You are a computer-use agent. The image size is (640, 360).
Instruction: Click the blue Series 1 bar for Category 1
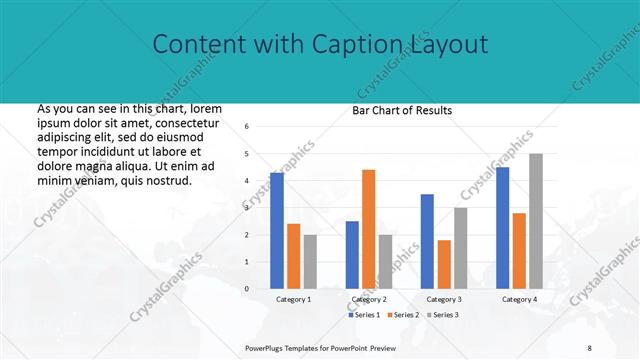coord(277,231)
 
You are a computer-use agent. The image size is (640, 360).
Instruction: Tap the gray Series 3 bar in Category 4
coord(536,221)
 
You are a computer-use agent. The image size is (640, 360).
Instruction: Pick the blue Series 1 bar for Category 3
coord(427,241)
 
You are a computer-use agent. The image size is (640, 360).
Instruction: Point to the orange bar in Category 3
coord(443,264)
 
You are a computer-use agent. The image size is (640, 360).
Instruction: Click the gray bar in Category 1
coord(310,262)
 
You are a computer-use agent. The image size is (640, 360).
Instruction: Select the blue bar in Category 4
coord(502,228)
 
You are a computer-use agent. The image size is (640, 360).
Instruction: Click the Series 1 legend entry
coord(364,315)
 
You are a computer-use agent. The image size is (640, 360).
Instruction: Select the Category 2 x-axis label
coord(368,299)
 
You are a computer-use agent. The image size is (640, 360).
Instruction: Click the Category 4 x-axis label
coord(519,299)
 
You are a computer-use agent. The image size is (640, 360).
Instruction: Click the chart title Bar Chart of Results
coord(402,110)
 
